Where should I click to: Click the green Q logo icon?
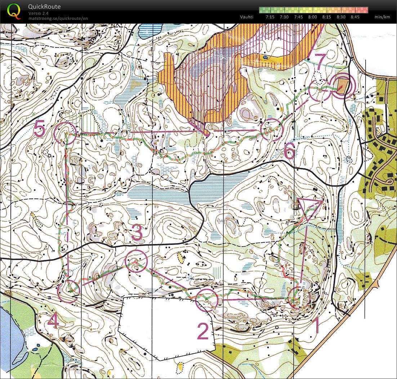(14, 11)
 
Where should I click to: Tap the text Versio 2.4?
(39, 13)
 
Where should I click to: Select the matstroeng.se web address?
(58, 18)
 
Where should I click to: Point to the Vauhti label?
(247, 17)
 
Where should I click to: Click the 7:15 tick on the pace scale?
(270, 17)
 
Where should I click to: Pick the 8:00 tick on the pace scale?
(312, 17)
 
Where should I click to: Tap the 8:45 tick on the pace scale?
(355, 17)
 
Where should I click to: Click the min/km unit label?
(382, 17)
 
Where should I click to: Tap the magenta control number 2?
(203, 331)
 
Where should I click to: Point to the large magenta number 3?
(137, 233)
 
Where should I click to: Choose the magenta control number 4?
(53, 321)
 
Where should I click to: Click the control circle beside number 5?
(65, 133)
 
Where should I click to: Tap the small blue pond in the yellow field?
(266, 57)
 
